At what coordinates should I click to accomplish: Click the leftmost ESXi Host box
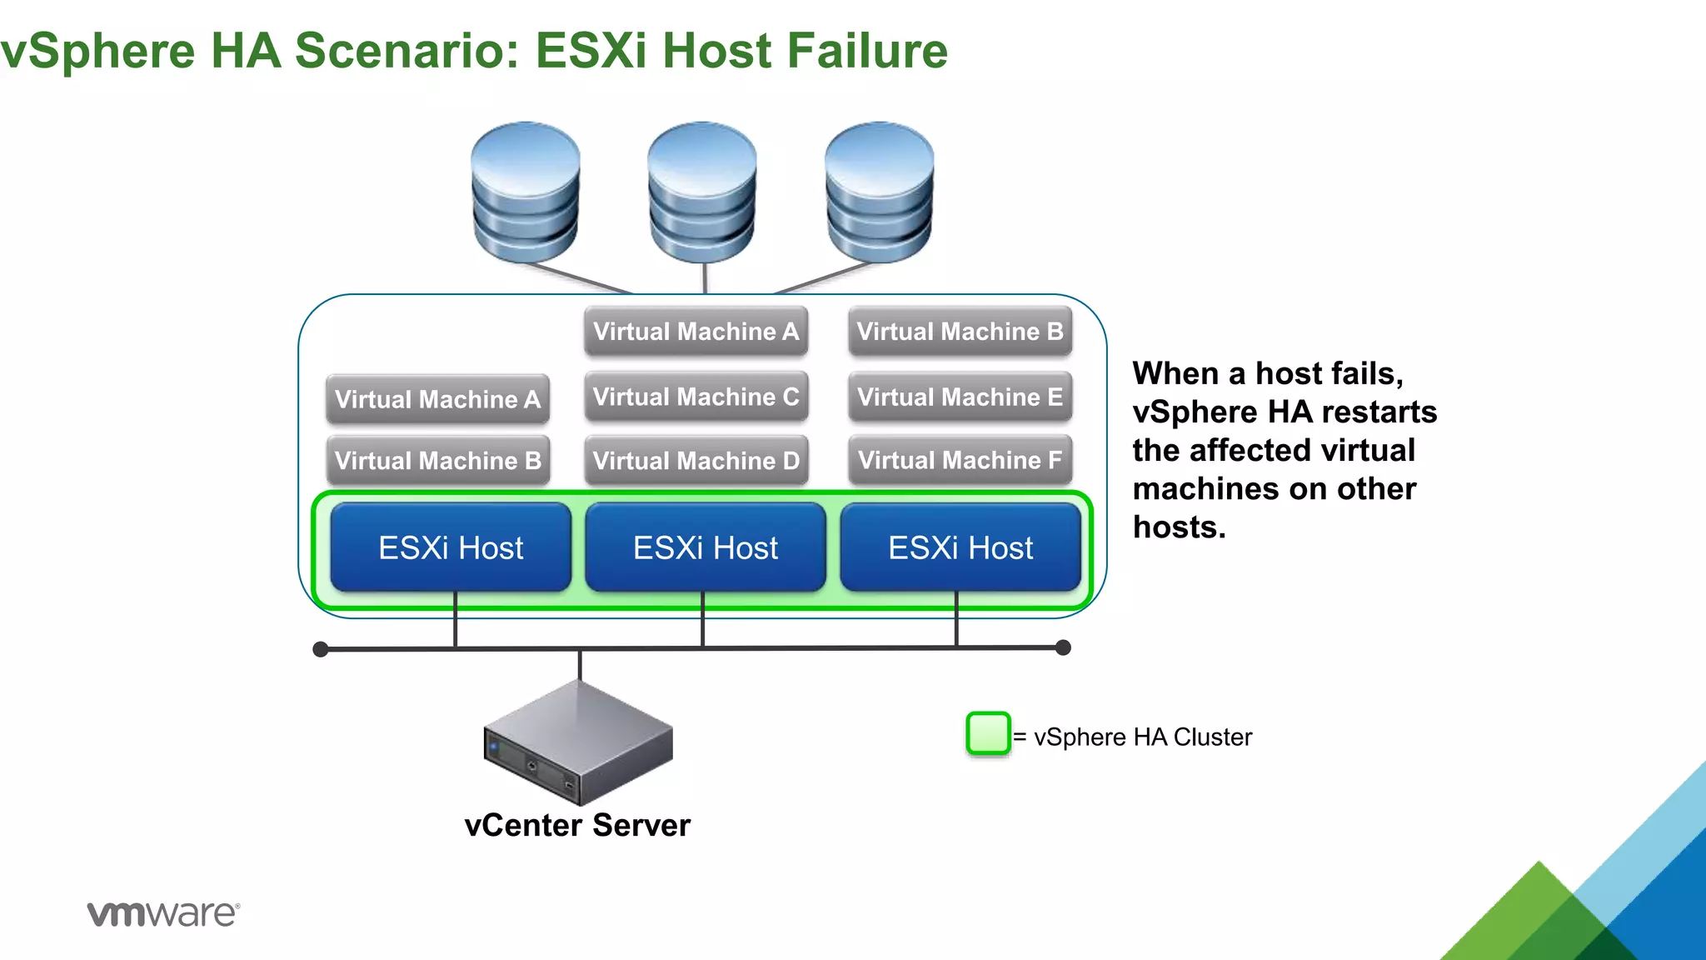click(x=451, y=547)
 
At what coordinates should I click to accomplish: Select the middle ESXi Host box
click(x=706, y=547)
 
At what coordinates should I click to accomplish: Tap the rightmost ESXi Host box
click(x=960, y=547)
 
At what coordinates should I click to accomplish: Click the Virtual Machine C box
click(x=696, y=397)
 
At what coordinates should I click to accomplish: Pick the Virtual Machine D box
click(x=696, y=460)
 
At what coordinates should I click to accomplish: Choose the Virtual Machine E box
click(x=960, y=397)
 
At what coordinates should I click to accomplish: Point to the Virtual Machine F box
click(x=960, y=460)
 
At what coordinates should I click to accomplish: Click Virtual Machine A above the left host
click(x=438, y=399)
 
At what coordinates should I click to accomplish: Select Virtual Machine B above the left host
click(x=438, y=460)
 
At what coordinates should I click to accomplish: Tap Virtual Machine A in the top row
click(x=696, y=332)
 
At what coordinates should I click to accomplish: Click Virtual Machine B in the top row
click(x=960, y=332)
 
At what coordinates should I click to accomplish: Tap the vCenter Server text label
click(x=577, y=825)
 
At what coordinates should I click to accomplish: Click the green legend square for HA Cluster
click(x=988, y=734)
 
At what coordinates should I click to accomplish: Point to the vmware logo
click(x=163, y=913)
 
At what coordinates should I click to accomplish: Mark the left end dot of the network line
click(x=321, y=649)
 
